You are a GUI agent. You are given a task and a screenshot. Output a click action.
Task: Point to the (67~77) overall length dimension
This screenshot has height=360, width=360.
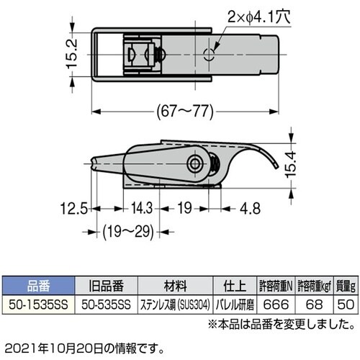[184, 111]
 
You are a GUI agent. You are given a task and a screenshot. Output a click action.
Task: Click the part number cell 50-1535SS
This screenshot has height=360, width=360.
[35, 304]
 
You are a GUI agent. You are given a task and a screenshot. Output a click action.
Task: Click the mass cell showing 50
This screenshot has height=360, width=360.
[346, 304]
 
